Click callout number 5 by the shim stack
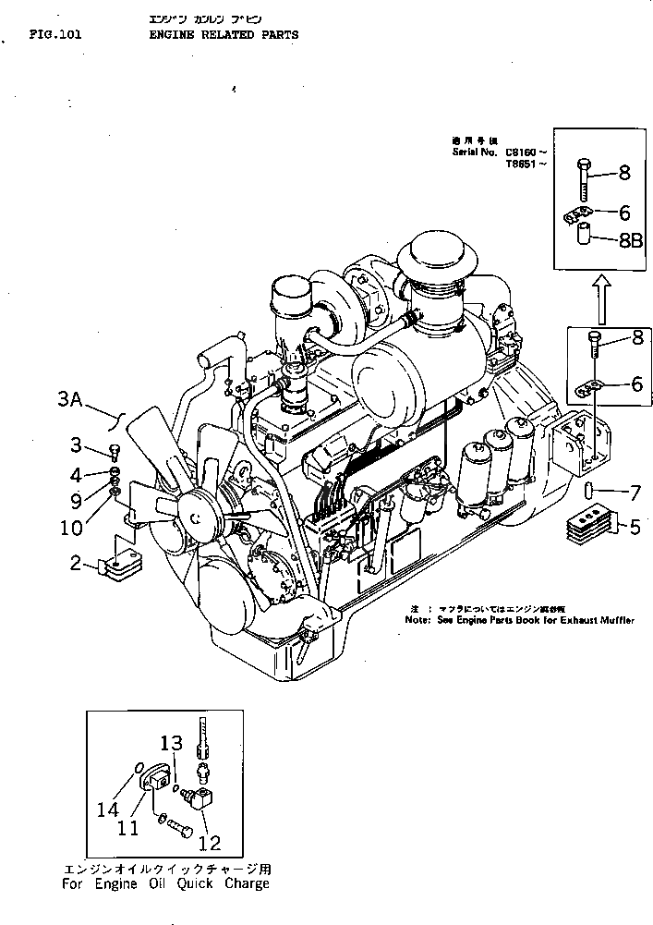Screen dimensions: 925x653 pos(634,528)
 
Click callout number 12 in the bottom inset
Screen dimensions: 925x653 pos(210,843)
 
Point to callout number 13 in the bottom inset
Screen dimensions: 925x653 pos(172,742)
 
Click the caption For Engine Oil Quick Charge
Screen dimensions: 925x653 pos(166,883)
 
